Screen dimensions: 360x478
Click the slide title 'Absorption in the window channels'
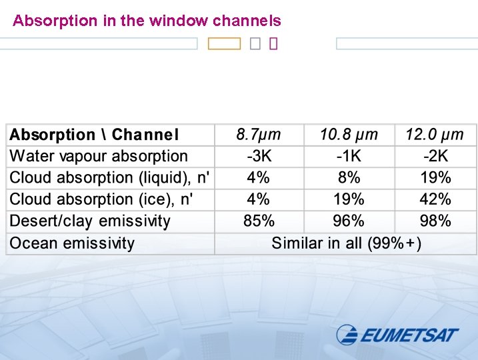(147, 21)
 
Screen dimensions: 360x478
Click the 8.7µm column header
(258, 135)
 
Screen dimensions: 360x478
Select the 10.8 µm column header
(349, 135)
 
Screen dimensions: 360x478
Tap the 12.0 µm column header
(435, 135)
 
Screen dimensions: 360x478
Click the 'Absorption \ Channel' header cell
(94, 135)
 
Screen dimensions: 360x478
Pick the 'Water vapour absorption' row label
(99, 157)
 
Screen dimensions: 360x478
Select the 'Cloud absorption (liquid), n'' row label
(109, 178)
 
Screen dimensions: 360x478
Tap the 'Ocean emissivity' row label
(71, 243)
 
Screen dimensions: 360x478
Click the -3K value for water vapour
(258, 157)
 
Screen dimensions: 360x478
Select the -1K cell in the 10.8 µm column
(349, 157)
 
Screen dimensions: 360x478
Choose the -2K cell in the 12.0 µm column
(435, 157)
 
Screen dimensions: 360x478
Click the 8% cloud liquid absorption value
(349, 178)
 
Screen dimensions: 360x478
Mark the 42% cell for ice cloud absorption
(435, 199)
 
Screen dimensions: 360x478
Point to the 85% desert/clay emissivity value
(258, 221)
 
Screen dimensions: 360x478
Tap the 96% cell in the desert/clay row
(349, 221)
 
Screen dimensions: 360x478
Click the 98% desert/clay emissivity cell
(435, 221)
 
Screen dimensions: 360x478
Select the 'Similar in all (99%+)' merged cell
(346, 243)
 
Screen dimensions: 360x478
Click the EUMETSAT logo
(397, 334)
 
